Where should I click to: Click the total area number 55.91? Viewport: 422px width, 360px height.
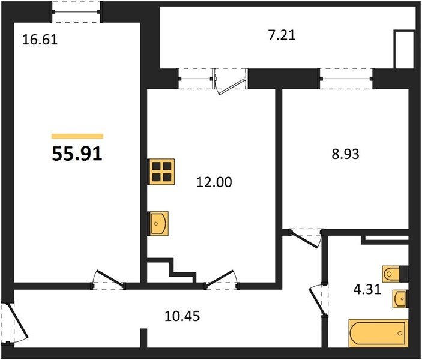(x=77, y=154)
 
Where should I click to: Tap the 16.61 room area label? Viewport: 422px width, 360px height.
(x=40, y=40)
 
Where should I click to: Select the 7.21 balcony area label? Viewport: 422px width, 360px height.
(x=282, y=35)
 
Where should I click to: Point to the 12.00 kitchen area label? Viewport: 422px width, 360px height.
(x=214, y=182)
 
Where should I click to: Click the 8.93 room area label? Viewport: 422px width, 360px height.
(x=345, y=154)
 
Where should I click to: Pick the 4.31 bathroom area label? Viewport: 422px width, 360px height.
(x=367, y=290)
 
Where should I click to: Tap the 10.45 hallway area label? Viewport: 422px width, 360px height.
(x=182, y=316)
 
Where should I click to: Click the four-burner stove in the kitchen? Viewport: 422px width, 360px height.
(x=161, y=172)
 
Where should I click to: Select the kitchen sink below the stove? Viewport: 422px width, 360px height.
(x=159, y=224)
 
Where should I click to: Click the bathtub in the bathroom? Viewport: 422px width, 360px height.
(x=378, y=333)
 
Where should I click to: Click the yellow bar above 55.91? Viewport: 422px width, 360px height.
(x=77, y=136)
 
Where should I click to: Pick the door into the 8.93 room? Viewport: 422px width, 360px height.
(x=304, y=239)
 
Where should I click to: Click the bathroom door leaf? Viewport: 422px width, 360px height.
(x=317, y=301)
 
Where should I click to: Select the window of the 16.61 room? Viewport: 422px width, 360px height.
(x=76, y=12)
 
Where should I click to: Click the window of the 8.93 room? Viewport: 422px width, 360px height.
(x=346, y=79)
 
